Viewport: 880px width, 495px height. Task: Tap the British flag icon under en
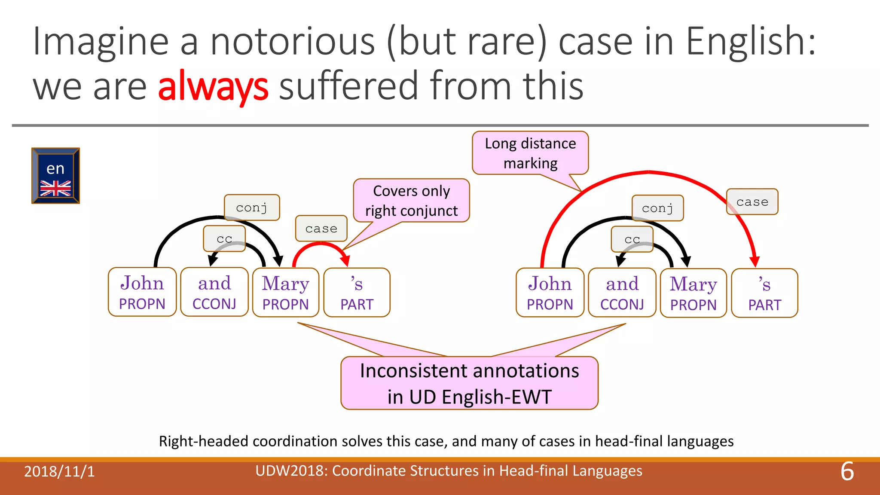[55, 188]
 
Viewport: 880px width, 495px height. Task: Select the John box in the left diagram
[142, 292]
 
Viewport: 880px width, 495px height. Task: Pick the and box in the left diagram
[214, 292]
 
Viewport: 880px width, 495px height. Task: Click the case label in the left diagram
[321, 229]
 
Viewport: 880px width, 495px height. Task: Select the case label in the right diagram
[752, 202]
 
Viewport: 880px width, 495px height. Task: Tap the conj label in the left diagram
[252, 208]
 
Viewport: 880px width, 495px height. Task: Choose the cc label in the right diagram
[632, 239]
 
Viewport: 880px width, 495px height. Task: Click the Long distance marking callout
[530, 153]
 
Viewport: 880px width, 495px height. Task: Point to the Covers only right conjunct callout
[411, 201]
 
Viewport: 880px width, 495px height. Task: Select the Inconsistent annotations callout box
[469, 383]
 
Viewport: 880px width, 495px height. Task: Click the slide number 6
[847, 471]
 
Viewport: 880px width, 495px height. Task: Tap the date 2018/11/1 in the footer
[59, 472]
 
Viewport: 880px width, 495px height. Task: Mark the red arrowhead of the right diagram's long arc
[755, 262]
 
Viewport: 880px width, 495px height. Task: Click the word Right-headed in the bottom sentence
[204, 441]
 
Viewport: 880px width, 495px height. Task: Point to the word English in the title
[750, 42]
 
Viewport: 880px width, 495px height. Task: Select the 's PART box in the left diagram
[357, 293]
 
